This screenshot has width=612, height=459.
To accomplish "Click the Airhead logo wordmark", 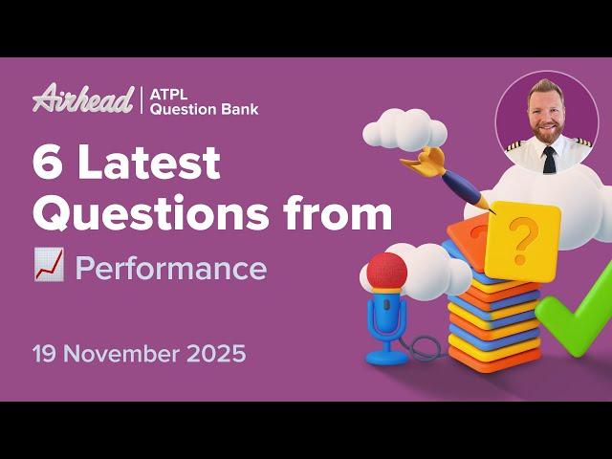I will point(83,98).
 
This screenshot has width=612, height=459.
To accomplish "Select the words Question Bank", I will point(204,109).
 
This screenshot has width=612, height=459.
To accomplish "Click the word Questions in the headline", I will point(143,215).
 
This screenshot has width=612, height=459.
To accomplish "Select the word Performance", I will point(171,269).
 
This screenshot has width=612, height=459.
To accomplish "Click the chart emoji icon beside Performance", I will point(48,269).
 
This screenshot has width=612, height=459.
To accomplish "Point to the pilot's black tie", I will point(549,159).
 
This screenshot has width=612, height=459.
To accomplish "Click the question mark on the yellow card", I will point(520,240).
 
